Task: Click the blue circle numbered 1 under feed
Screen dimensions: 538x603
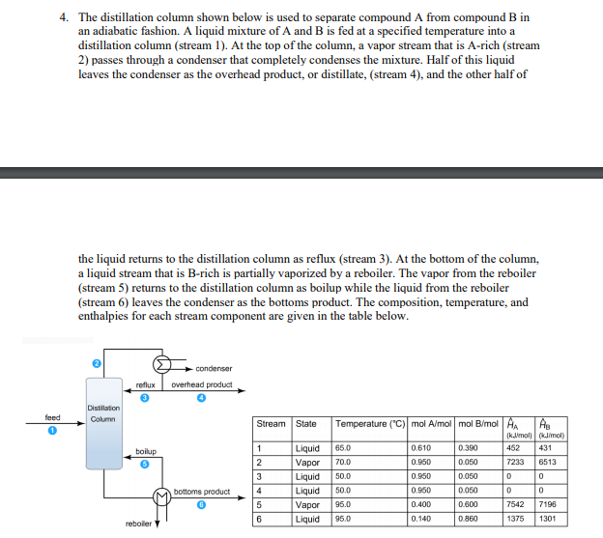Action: coord(55,430)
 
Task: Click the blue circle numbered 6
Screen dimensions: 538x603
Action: coord(201,503)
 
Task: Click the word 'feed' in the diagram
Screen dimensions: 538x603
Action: coord(53,418)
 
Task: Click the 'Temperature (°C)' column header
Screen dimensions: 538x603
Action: coord(368,424)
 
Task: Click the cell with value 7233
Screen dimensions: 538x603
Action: coord(516,463)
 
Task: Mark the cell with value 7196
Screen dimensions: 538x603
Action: coord(548,504)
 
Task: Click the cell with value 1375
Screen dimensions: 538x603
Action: coord(516,518)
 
